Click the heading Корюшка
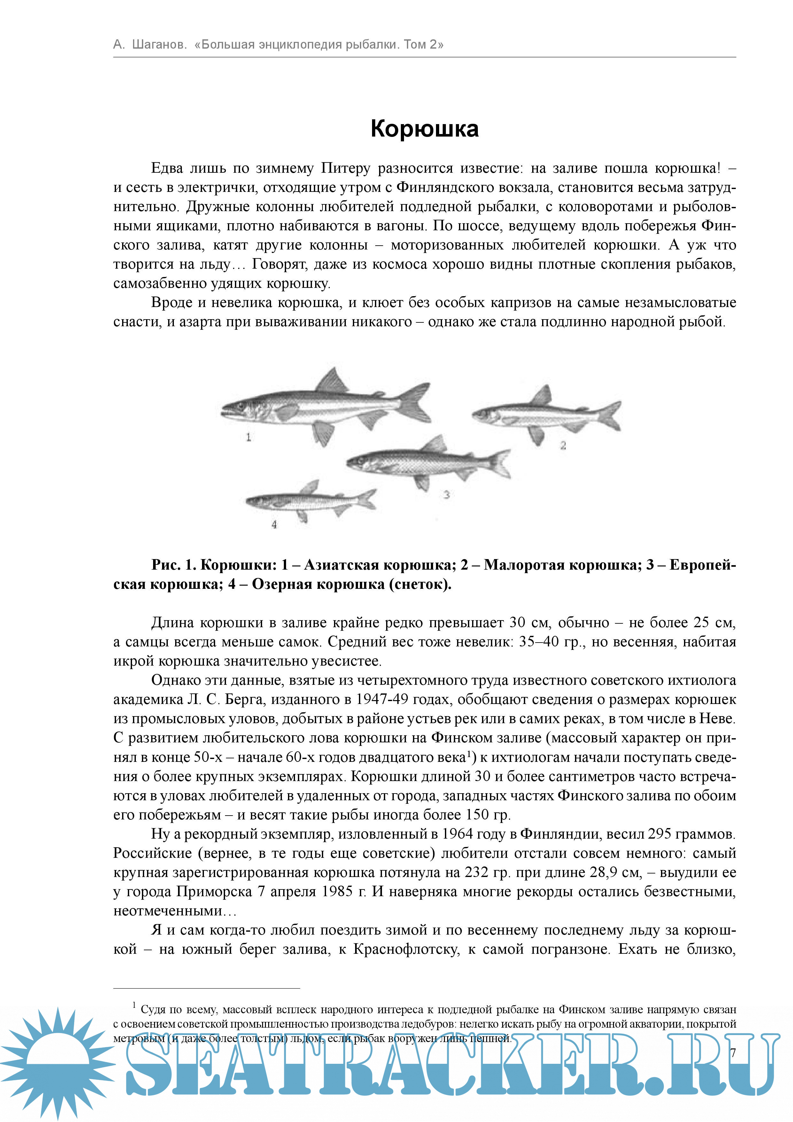(x=424, y=129)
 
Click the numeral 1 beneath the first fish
(x=249, y=437)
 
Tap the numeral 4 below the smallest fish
(x=275, y=524)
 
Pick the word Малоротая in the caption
(x=523, y=565)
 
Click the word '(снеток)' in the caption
(x=420, y=584)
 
